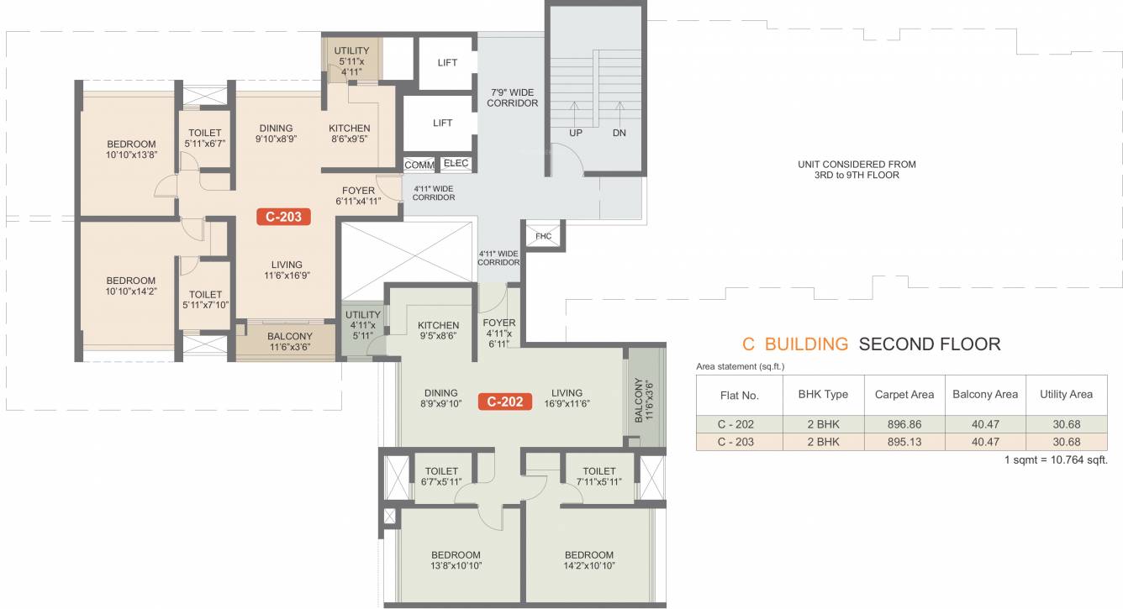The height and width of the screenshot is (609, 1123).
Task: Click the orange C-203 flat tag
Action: pyautogui.click(x=284, y=217)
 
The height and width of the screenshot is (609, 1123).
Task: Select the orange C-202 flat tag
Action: pyautogui.click(x=506, y=402)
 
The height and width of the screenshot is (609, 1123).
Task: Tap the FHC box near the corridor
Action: pyautogui.click(x=543, y=236)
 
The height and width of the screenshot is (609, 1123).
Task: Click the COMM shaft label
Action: pyautogui.click(x=419, y=165)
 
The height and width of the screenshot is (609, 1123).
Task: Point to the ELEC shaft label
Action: pyautogui.click(x=456, y=164)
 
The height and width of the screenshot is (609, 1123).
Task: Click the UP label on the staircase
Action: pyautogui.click(x=576, y=133)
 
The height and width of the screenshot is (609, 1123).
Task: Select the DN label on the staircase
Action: pyautogui.click(x=619, y=133)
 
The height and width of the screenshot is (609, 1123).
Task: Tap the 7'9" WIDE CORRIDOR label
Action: pyautogui.click(x=514, y=97)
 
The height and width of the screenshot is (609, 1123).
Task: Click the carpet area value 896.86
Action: pyautogui.click(x=904, y=423)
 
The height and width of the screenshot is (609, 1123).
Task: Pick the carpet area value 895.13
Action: pyautogui.click(x=904, y=442)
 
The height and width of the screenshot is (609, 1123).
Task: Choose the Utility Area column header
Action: pyautogui.click(x=1066, y=394)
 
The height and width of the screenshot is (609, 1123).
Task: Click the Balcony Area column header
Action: pyautogui.click(x=984, y=394)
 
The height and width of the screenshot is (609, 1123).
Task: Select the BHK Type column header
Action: pyautogui.click(x=823, y=394)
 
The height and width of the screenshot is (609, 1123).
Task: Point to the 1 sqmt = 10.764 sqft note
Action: pyautogui.click(x=1056, y=460)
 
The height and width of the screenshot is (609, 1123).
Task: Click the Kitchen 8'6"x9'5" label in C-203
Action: pyautogui.click(x=349, y=134)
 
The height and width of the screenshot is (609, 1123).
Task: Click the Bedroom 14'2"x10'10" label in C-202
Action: pyautogui.click(x=588, y=560)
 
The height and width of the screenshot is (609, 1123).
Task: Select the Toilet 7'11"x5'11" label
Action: pyautogui.click(x=598, y=476)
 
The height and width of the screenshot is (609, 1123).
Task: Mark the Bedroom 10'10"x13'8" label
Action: pyautogui.click(x=131, y=149)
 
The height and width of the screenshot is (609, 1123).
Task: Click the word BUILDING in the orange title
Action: pyautogui.click(x=806, y=344)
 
